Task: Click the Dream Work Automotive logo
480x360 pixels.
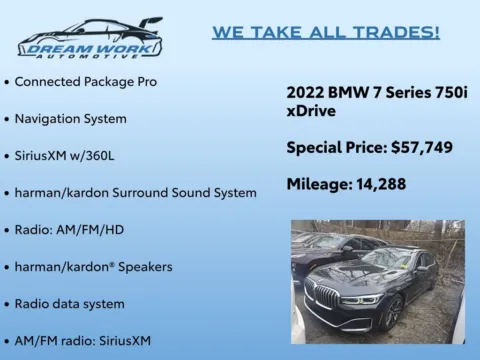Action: click(x=90, y=39)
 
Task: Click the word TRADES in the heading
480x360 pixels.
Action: click(x=401, y=32)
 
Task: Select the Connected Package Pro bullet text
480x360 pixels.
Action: click(x=85, y=80)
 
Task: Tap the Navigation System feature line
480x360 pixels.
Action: click(x=70, y=118)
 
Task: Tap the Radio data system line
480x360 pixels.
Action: click(x=69, y=303)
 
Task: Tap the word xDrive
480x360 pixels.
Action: click(x=311, y=111)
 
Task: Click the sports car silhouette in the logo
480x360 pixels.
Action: click(x=95, y=27)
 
